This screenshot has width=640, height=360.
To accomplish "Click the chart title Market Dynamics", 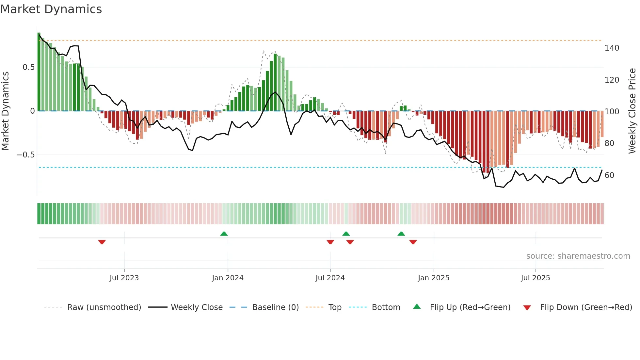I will [51, 9].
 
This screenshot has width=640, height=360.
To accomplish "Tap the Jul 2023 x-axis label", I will [124, 278].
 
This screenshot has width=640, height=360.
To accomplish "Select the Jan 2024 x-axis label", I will [228, 278].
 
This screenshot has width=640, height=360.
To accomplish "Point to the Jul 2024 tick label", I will [330, 278].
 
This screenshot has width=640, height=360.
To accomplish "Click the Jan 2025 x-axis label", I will [433, 278].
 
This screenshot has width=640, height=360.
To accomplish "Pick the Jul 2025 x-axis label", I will [535, 278].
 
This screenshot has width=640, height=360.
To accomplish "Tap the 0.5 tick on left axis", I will [28, 67].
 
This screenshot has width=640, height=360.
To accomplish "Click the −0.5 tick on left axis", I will [26, 155].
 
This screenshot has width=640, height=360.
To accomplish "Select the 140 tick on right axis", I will [612, 48].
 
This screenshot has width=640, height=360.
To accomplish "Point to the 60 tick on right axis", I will [609, 175].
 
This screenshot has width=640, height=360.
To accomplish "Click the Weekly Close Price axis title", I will [632, 111].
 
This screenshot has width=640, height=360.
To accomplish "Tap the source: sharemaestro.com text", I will [578, 256].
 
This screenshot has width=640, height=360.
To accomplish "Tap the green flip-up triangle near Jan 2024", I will [224, 234].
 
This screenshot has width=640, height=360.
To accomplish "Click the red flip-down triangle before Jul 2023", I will [102, 242].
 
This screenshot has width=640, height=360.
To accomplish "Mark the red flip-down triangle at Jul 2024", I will [330, 242].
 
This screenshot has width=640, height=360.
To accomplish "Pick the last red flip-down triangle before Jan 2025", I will [413, 242].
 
